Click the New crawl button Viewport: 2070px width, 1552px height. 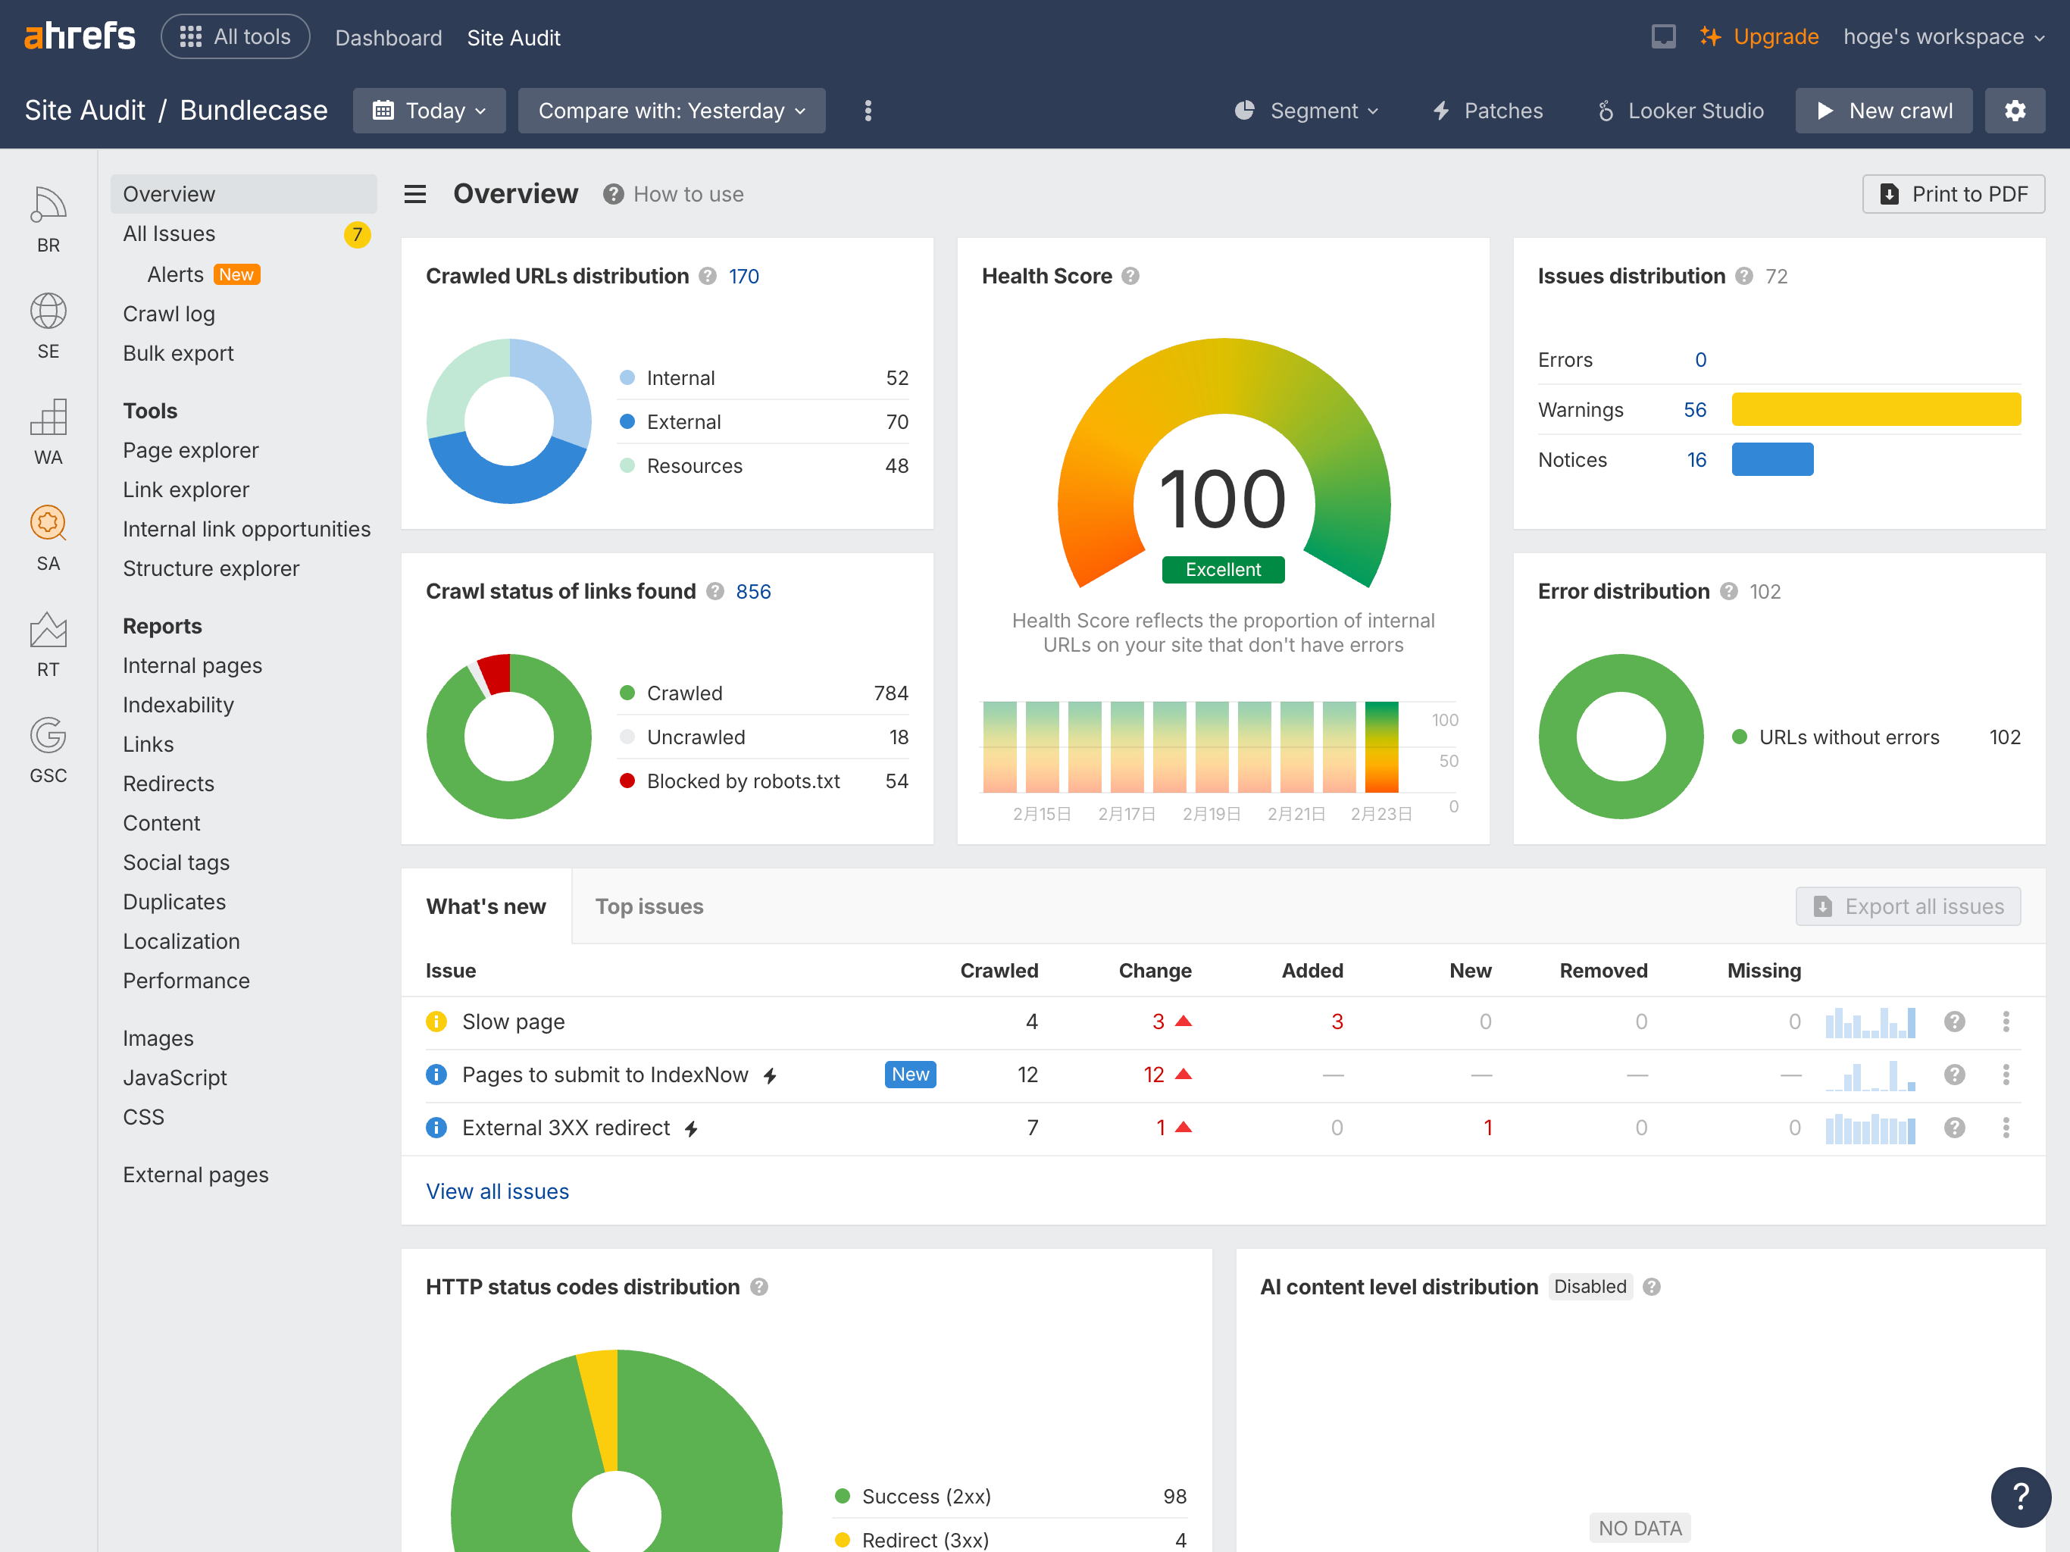pos(1883,111)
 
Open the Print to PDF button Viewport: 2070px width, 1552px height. pos(1953,194)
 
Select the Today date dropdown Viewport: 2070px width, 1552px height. pos(429,111)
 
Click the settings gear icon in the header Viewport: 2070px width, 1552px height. pos(2015,111)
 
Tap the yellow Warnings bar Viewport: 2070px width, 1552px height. pos(1875,410)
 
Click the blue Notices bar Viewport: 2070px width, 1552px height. pos(1771,459)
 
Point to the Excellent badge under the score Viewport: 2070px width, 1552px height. pos(1222,569)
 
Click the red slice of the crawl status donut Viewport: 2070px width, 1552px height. pos(496,673)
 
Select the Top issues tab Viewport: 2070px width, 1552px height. pos(649,906)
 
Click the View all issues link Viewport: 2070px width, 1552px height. pos(497,1191)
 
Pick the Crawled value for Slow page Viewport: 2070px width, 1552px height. pos(1031,1022)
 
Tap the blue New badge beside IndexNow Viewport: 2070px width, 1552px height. pos(909,1075)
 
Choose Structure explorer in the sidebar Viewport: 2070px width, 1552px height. pos(211,568)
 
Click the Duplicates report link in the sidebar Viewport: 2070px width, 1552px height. pos(174,902)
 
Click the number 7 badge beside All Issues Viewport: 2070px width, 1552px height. pos(357,234)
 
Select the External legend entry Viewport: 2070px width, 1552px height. pos(683,422)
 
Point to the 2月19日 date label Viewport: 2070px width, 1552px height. pos(1211,813)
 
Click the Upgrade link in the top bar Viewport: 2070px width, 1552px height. pos(1775,36)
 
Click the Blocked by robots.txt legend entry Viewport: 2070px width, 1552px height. pos(742,781)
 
